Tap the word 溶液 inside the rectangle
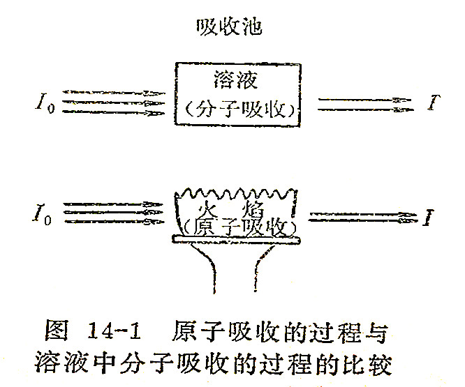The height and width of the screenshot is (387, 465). click(x=232, y=80)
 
